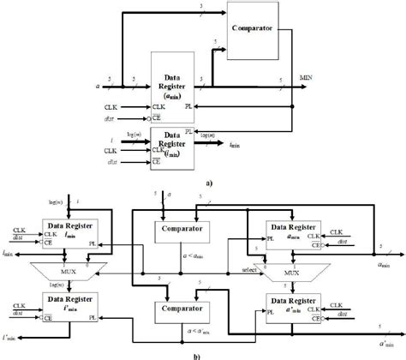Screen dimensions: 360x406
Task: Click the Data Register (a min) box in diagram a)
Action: point(175,87)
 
